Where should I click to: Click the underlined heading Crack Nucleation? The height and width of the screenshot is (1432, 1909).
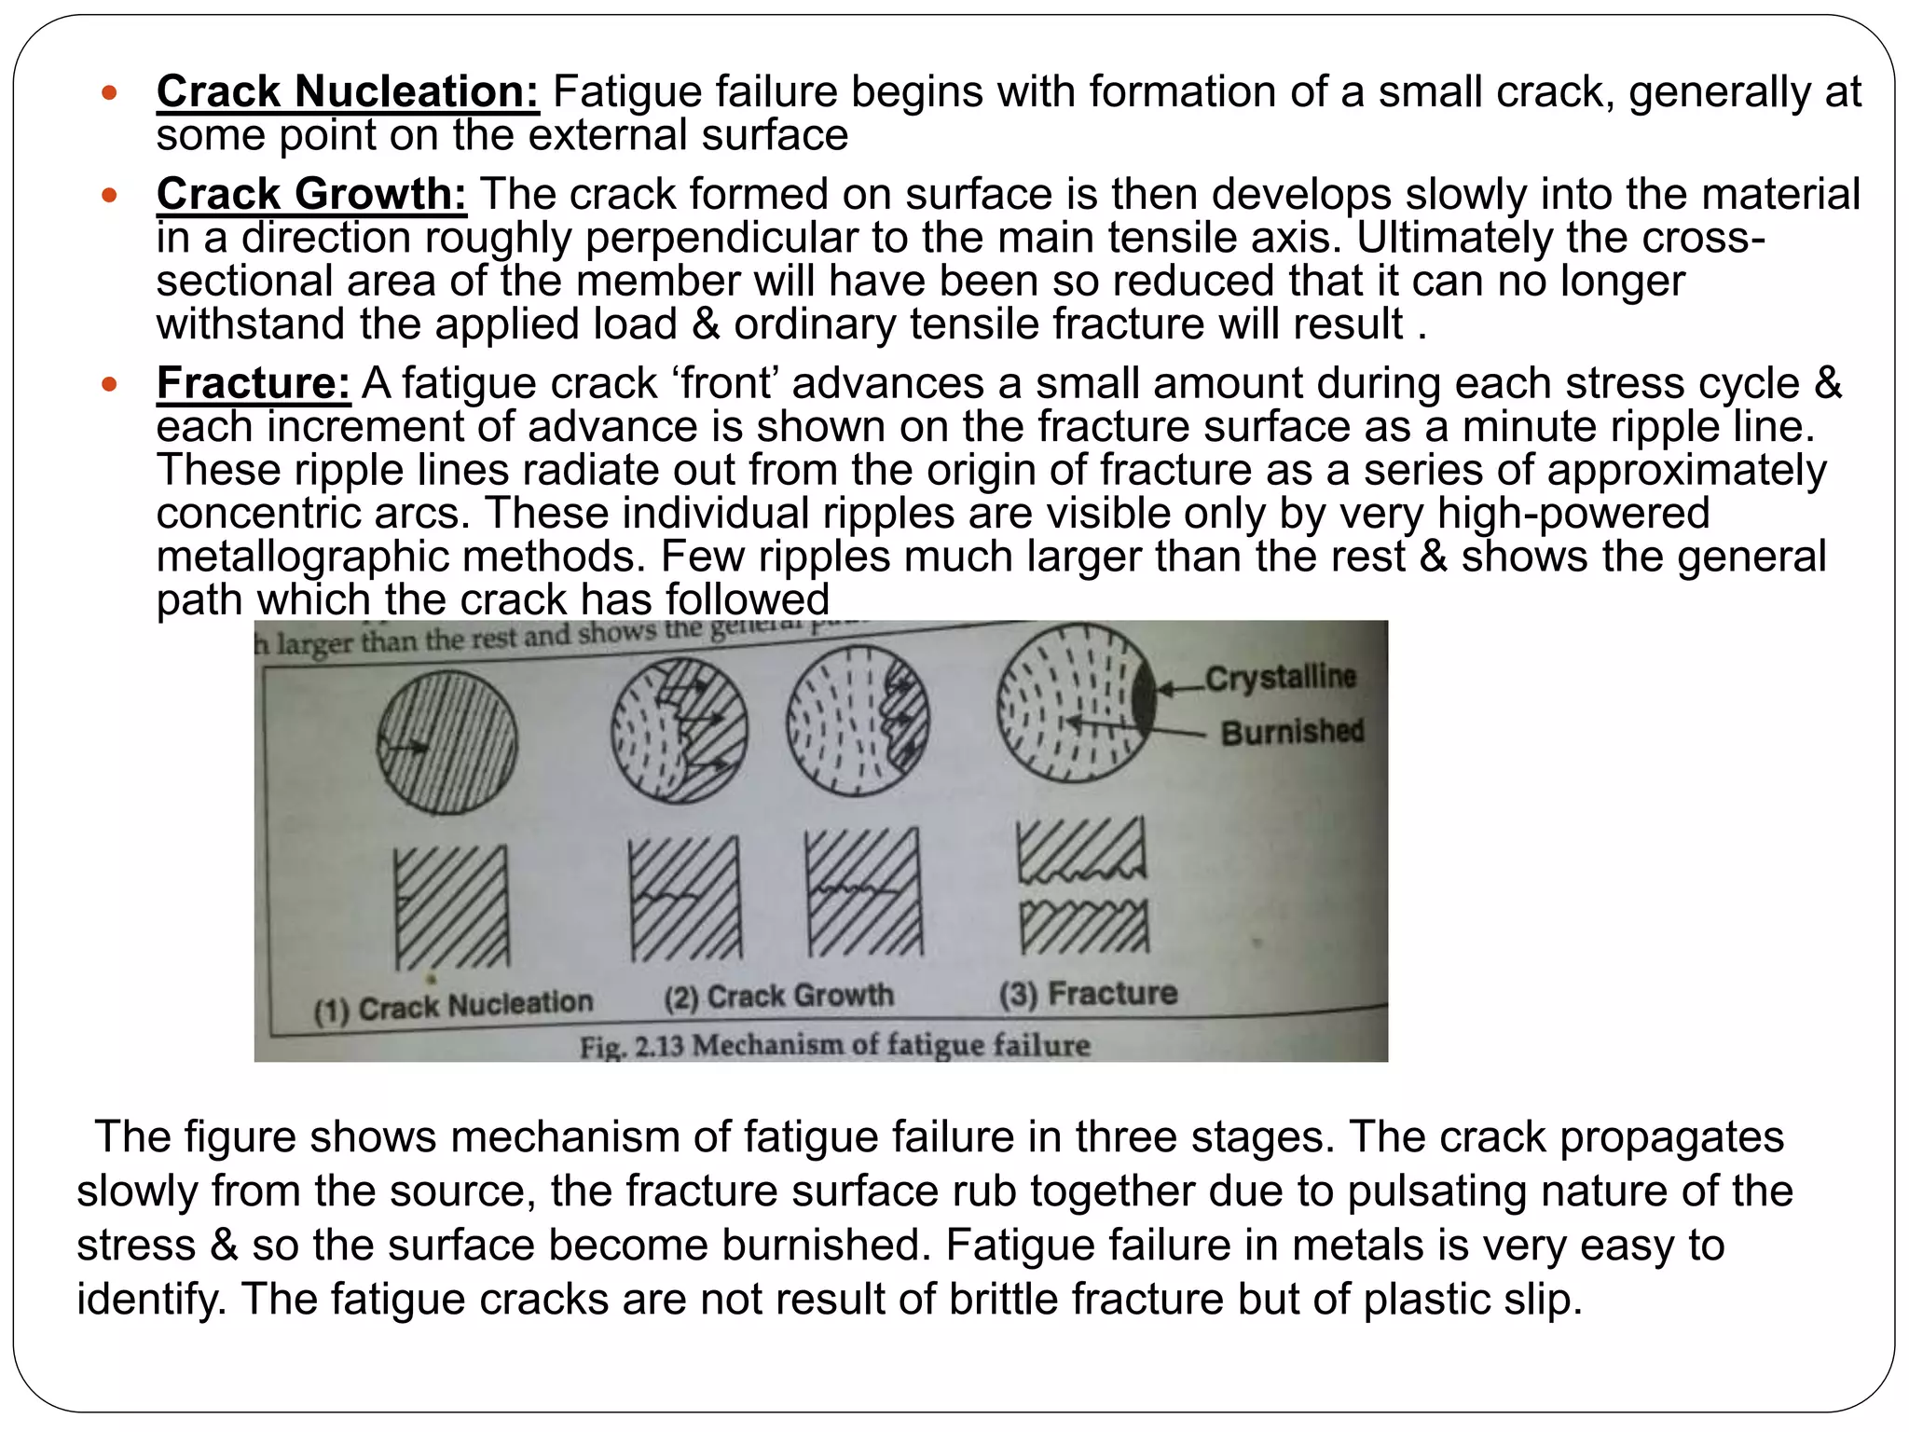348,91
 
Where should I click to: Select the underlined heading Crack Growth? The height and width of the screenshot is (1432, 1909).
311,194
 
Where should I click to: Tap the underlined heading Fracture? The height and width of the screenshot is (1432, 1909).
253,383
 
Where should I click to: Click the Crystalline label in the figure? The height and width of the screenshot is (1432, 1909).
1281,678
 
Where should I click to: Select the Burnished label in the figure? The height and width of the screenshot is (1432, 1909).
1292,732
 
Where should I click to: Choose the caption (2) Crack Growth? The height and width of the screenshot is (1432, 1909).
778,997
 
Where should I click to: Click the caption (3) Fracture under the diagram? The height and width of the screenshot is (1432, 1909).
1088,994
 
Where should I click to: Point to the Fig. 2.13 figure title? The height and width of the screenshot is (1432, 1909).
834,1045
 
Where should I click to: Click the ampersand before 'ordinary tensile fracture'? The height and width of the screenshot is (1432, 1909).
705,324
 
